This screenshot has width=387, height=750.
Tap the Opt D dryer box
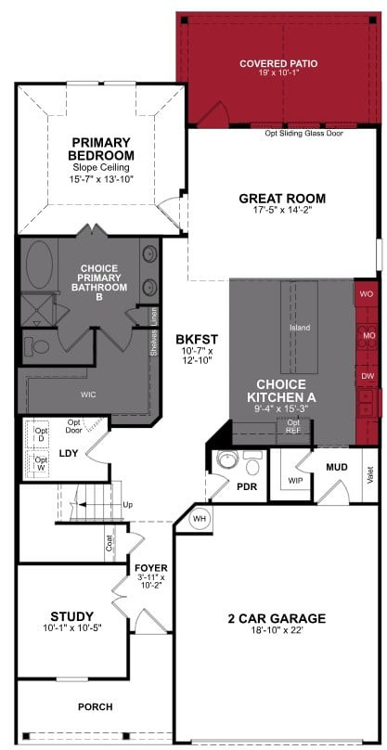tap(40, 434)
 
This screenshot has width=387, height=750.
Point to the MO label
tap(368, 335)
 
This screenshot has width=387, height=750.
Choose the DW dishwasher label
tap(368, 376)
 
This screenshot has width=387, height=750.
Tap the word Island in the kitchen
tap(300, 328)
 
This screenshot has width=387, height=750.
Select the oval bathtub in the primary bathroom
tap(39, 265)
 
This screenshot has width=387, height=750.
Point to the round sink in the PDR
tap(225, 459)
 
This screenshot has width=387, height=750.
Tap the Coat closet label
tap(110, 543)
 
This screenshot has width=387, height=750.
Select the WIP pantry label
tap(295, 480)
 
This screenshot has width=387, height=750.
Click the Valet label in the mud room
tap(369, 475)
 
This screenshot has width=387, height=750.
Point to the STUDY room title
tap(72, 616)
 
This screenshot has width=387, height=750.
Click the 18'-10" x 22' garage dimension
tap(277, 630)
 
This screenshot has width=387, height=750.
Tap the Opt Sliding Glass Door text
tap(304, 134)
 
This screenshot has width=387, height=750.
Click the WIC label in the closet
tap(88, 394)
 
